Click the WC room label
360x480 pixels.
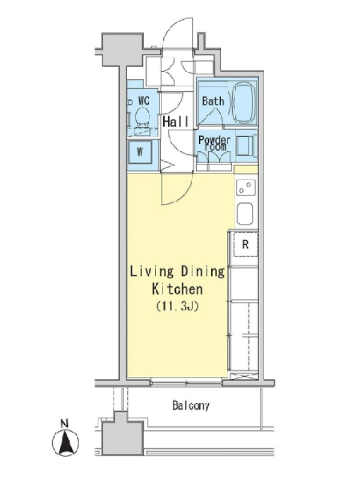(143, 100)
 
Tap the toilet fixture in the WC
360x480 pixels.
(142, 118)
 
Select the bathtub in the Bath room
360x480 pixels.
(244, 103)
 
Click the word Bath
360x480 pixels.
(213, 101)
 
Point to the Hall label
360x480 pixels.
(176, 122)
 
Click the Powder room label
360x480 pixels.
(214, 143)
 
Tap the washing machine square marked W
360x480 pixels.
(140, 152)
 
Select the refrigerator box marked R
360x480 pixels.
(245, 244)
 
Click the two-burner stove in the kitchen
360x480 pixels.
(245, 187)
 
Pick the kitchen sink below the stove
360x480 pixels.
(245, 214)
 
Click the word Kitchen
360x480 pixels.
(178, 289)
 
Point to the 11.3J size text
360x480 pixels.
(178, 306)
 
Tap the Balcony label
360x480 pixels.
(191, 406)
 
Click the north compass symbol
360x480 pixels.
(65, 442)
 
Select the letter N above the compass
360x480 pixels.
(64, 424)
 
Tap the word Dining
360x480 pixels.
(203, 272)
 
